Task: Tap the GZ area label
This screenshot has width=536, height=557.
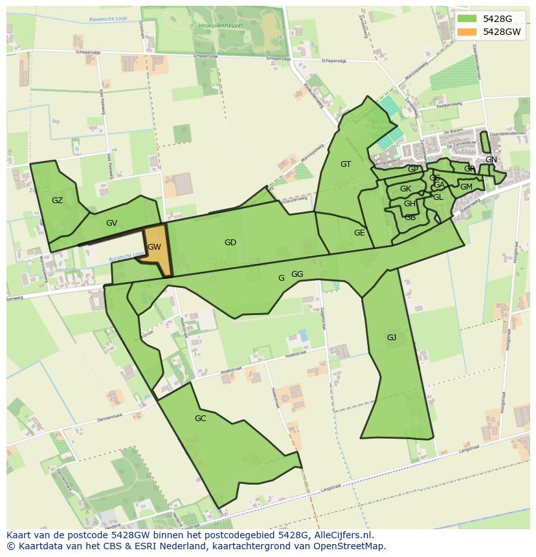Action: pos(57,201)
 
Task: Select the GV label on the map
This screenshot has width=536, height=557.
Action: pos(111,223)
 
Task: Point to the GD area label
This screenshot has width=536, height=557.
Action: pos(230,243)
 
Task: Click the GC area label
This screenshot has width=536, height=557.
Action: pos(200,419)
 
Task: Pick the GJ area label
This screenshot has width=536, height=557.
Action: pos(391,338)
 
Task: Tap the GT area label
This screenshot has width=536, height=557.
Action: pos(346,164)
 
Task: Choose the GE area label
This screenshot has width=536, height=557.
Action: pos(359,233)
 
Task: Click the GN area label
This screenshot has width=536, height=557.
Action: pos(491,160)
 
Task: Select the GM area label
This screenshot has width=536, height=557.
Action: pos(466,187)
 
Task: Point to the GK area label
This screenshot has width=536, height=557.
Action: pos(405,189)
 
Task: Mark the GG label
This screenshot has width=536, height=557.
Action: pos(297,274)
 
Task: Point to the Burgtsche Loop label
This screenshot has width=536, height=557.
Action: pos(126,257)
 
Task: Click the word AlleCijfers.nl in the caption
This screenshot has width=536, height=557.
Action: pos(341,535)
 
